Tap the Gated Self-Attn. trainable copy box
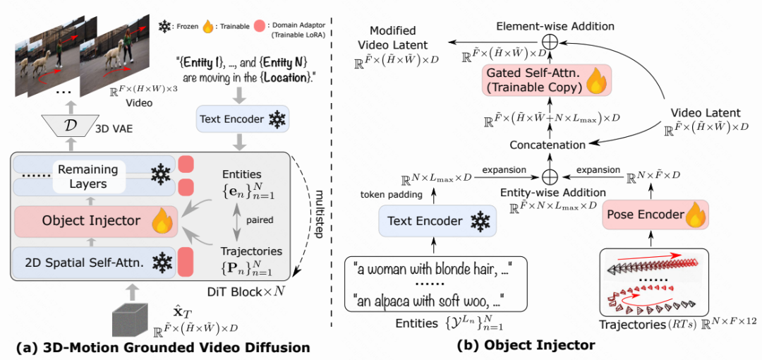coord(546,79)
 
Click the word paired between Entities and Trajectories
coord(262,219)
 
